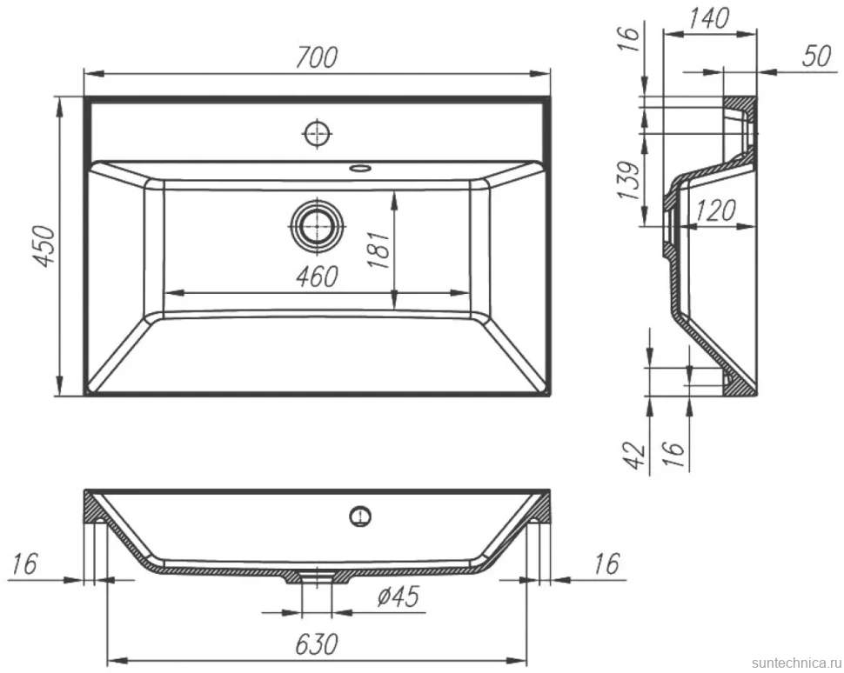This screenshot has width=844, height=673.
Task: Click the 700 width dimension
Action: coord(317,57)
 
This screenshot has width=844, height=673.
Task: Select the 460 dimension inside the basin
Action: coord(317,277)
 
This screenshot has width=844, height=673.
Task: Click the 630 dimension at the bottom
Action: coord(317,644)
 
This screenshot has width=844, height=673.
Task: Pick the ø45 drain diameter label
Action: coord(398,596)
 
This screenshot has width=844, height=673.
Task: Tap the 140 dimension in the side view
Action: coord(708,18)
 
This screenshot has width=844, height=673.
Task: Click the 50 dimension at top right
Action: coord(816,56)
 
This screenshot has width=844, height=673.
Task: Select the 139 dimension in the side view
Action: coord(629,180)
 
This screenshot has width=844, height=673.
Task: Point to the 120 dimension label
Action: coord(715,210)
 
